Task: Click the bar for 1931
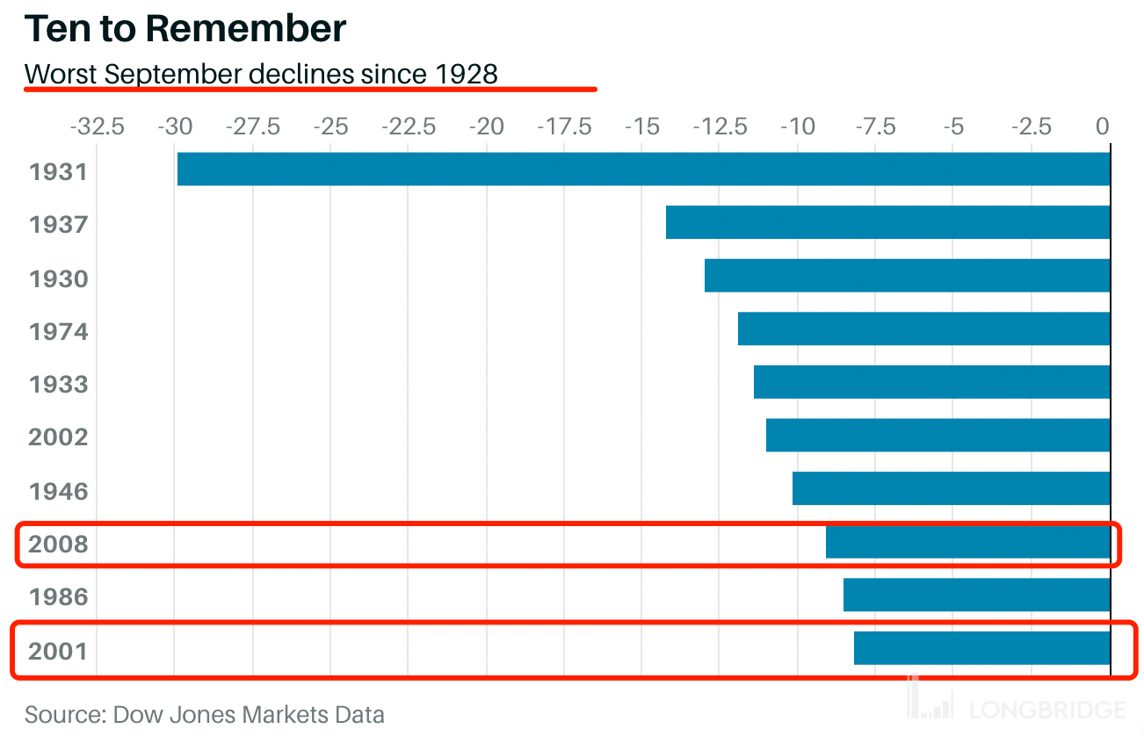643,170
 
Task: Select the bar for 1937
887,222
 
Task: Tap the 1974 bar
923,328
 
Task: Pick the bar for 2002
938,436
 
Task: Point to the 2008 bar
967,542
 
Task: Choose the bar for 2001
981,649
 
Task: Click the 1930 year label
59,279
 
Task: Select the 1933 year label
59,385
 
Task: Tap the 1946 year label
59,491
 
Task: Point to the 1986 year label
59,597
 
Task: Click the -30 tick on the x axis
174,127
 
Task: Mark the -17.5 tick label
562,127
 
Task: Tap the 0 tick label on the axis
1103,127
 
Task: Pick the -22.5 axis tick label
408,127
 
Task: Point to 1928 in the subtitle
467,74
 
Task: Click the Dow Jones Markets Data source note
205,714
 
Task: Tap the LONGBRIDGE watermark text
1047,710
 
